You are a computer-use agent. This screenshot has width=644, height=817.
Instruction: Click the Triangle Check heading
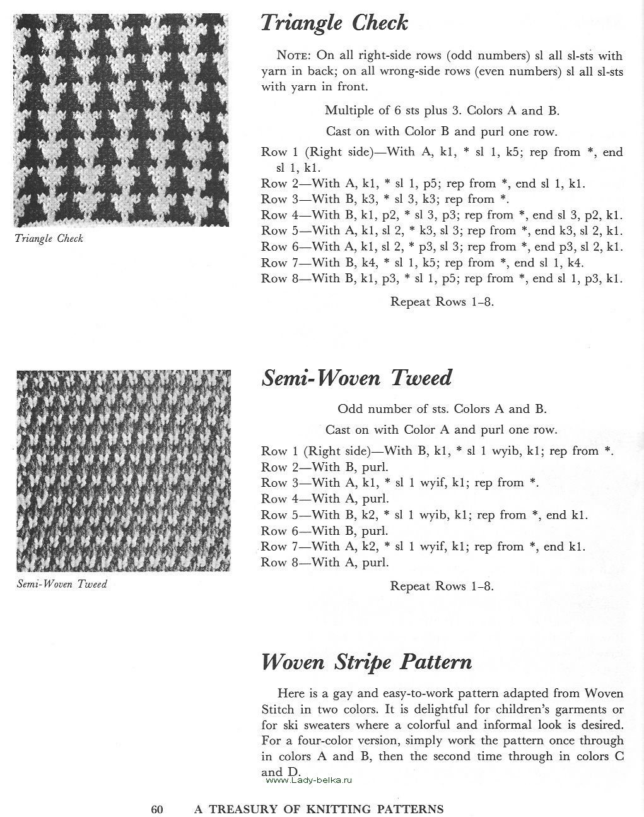coord(334,23)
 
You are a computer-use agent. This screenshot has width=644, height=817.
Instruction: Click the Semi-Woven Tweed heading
coord(356,378)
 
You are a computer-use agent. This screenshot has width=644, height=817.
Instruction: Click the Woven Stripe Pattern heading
coord(366,662)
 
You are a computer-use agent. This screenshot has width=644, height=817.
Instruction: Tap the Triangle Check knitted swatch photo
coord(121,120)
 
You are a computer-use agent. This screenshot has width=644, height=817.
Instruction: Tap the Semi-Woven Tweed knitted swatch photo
coord(124,470)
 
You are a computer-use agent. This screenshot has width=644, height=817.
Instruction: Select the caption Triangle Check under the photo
coord(49,239)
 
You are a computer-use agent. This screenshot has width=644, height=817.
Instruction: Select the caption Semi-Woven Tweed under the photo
coord(62,584)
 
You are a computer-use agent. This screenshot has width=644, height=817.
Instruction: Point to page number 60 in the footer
coord(157,809)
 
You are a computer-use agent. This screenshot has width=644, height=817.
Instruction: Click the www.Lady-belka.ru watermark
coord(308,780)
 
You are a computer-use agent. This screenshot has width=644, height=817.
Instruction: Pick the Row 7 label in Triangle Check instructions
coord(274,263)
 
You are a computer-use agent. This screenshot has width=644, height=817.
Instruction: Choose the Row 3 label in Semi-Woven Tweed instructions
coord(274,483)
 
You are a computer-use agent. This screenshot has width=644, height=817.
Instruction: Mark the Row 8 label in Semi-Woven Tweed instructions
coord(274,562)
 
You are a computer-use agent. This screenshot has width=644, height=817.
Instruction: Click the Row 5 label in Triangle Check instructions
coord(274,230)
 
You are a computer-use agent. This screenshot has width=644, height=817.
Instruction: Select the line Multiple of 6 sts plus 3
coord(442,110)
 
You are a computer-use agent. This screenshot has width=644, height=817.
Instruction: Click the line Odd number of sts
coord(442,408)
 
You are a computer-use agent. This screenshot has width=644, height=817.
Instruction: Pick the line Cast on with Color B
coord(442,131)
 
